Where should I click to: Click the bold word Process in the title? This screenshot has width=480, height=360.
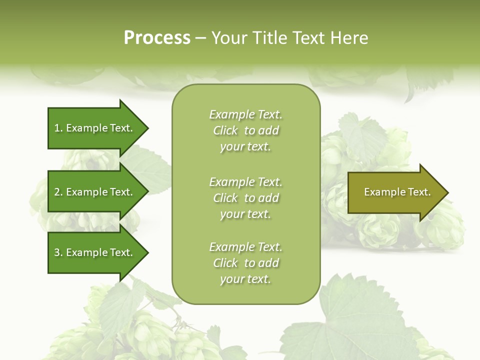point(157,38)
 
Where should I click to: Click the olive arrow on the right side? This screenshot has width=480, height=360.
point(395,192)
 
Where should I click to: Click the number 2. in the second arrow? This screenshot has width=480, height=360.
point(58,192)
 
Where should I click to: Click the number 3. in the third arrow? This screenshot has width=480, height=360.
point(58,252)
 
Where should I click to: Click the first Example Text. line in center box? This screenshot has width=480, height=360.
point(245,114)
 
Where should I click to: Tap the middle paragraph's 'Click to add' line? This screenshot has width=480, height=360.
point(245,198)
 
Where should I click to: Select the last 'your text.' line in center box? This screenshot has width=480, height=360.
point(245,279)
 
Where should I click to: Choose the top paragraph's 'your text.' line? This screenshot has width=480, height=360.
point(245,147)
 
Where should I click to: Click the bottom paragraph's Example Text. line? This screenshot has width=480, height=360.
point(245,247)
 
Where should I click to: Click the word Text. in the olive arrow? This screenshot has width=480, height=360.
point(419,192)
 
